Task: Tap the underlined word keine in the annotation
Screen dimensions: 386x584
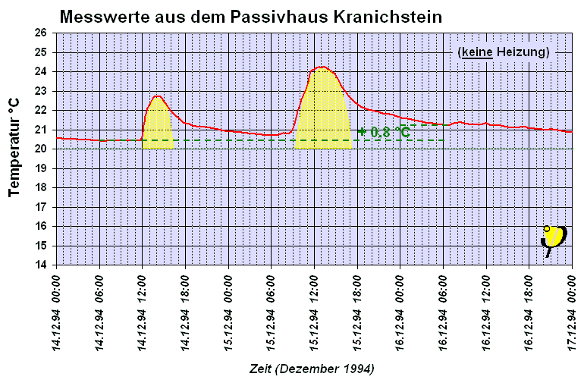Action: (x=478, y=52)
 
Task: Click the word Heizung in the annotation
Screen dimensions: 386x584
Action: (x=523, y=52)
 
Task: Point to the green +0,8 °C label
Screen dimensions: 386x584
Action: (x=385, y=132)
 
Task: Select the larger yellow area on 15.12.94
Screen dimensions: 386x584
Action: (x=323, y=110)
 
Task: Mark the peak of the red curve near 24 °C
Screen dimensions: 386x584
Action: (x=322, y=67)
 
